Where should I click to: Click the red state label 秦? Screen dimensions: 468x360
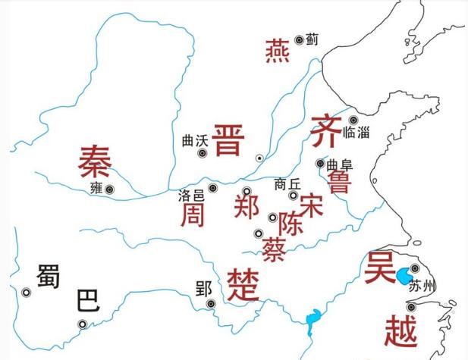95,159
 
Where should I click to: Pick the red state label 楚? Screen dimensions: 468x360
243,283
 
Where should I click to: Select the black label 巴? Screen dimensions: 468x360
87,302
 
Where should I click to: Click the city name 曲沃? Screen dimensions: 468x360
195,140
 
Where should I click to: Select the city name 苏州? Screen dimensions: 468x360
422,286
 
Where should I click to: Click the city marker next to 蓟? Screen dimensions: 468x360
300,39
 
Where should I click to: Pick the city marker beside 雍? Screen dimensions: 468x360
111,190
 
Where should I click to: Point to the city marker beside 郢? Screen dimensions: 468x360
212,304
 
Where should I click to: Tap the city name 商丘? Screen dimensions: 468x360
288,183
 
